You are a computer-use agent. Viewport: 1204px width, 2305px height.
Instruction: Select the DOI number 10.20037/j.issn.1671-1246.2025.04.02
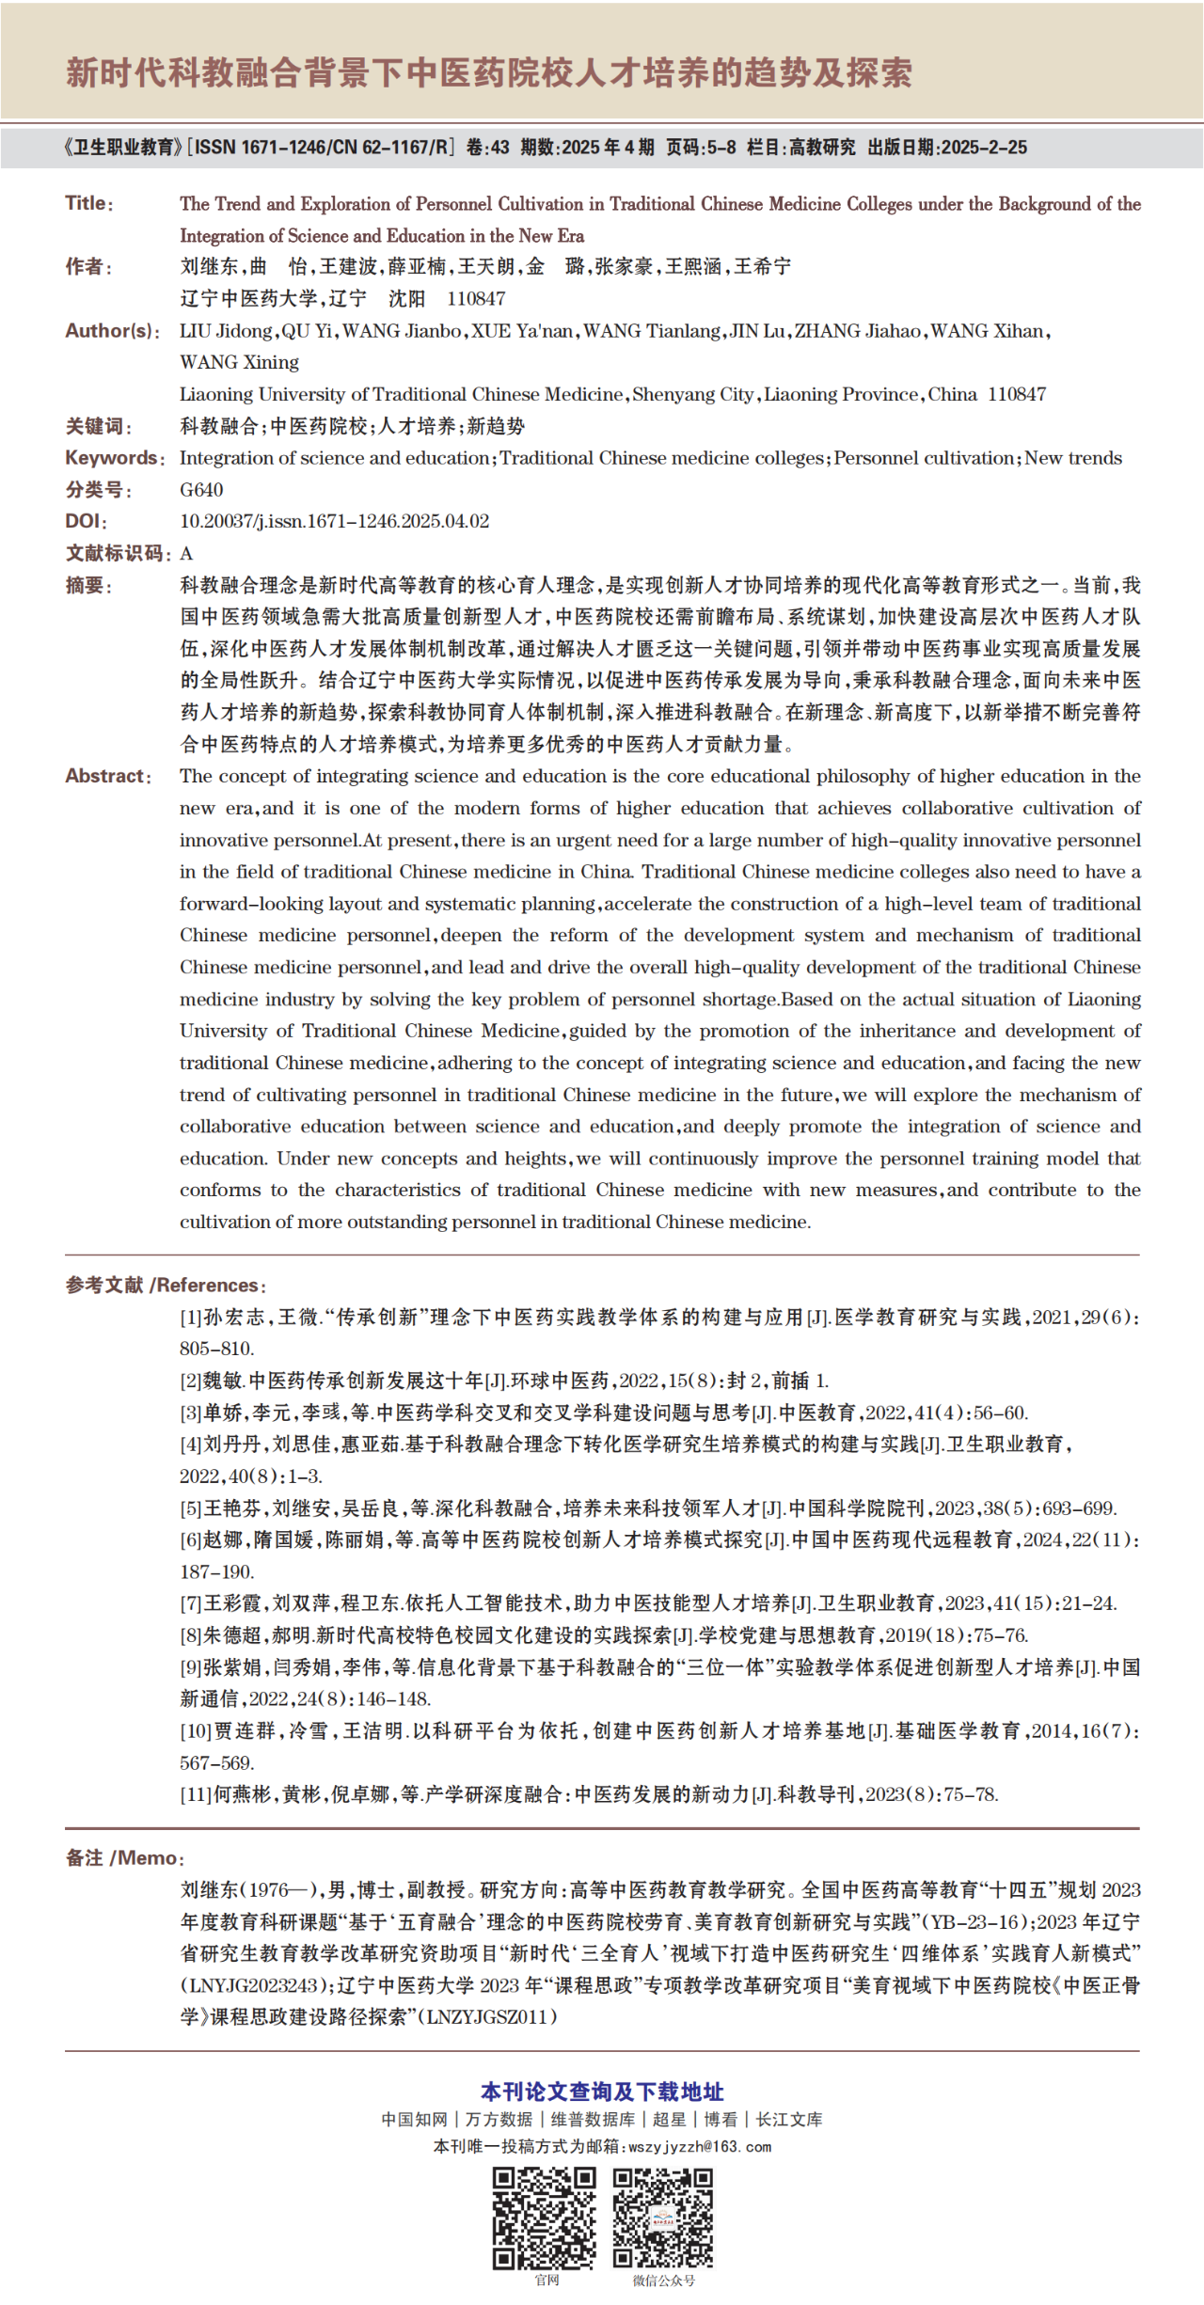coord(334,521)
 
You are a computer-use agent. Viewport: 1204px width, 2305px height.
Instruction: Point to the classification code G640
coord(201,490)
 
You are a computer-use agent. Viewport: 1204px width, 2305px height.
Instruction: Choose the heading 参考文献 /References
coord(165,1285)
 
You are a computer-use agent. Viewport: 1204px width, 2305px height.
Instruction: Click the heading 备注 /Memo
coord(124,1857)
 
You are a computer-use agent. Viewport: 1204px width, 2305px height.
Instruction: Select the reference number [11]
coord(195,1794)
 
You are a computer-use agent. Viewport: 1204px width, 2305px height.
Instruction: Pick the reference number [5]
coord(191,1508)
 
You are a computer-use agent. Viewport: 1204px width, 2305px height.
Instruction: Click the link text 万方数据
coord(499,2120)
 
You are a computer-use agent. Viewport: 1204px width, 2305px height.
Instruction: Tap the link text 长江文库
coord(789,2120)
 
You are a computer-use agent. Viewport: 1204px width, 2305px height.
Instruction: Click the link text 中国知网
coord(414,2120)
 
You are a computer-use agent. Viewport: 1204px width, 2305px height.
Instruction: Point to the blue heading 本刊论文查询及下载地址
coord(602,2092)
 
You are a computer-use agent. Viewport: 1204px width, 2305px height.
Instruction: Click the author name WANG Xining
coord(239,362)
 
